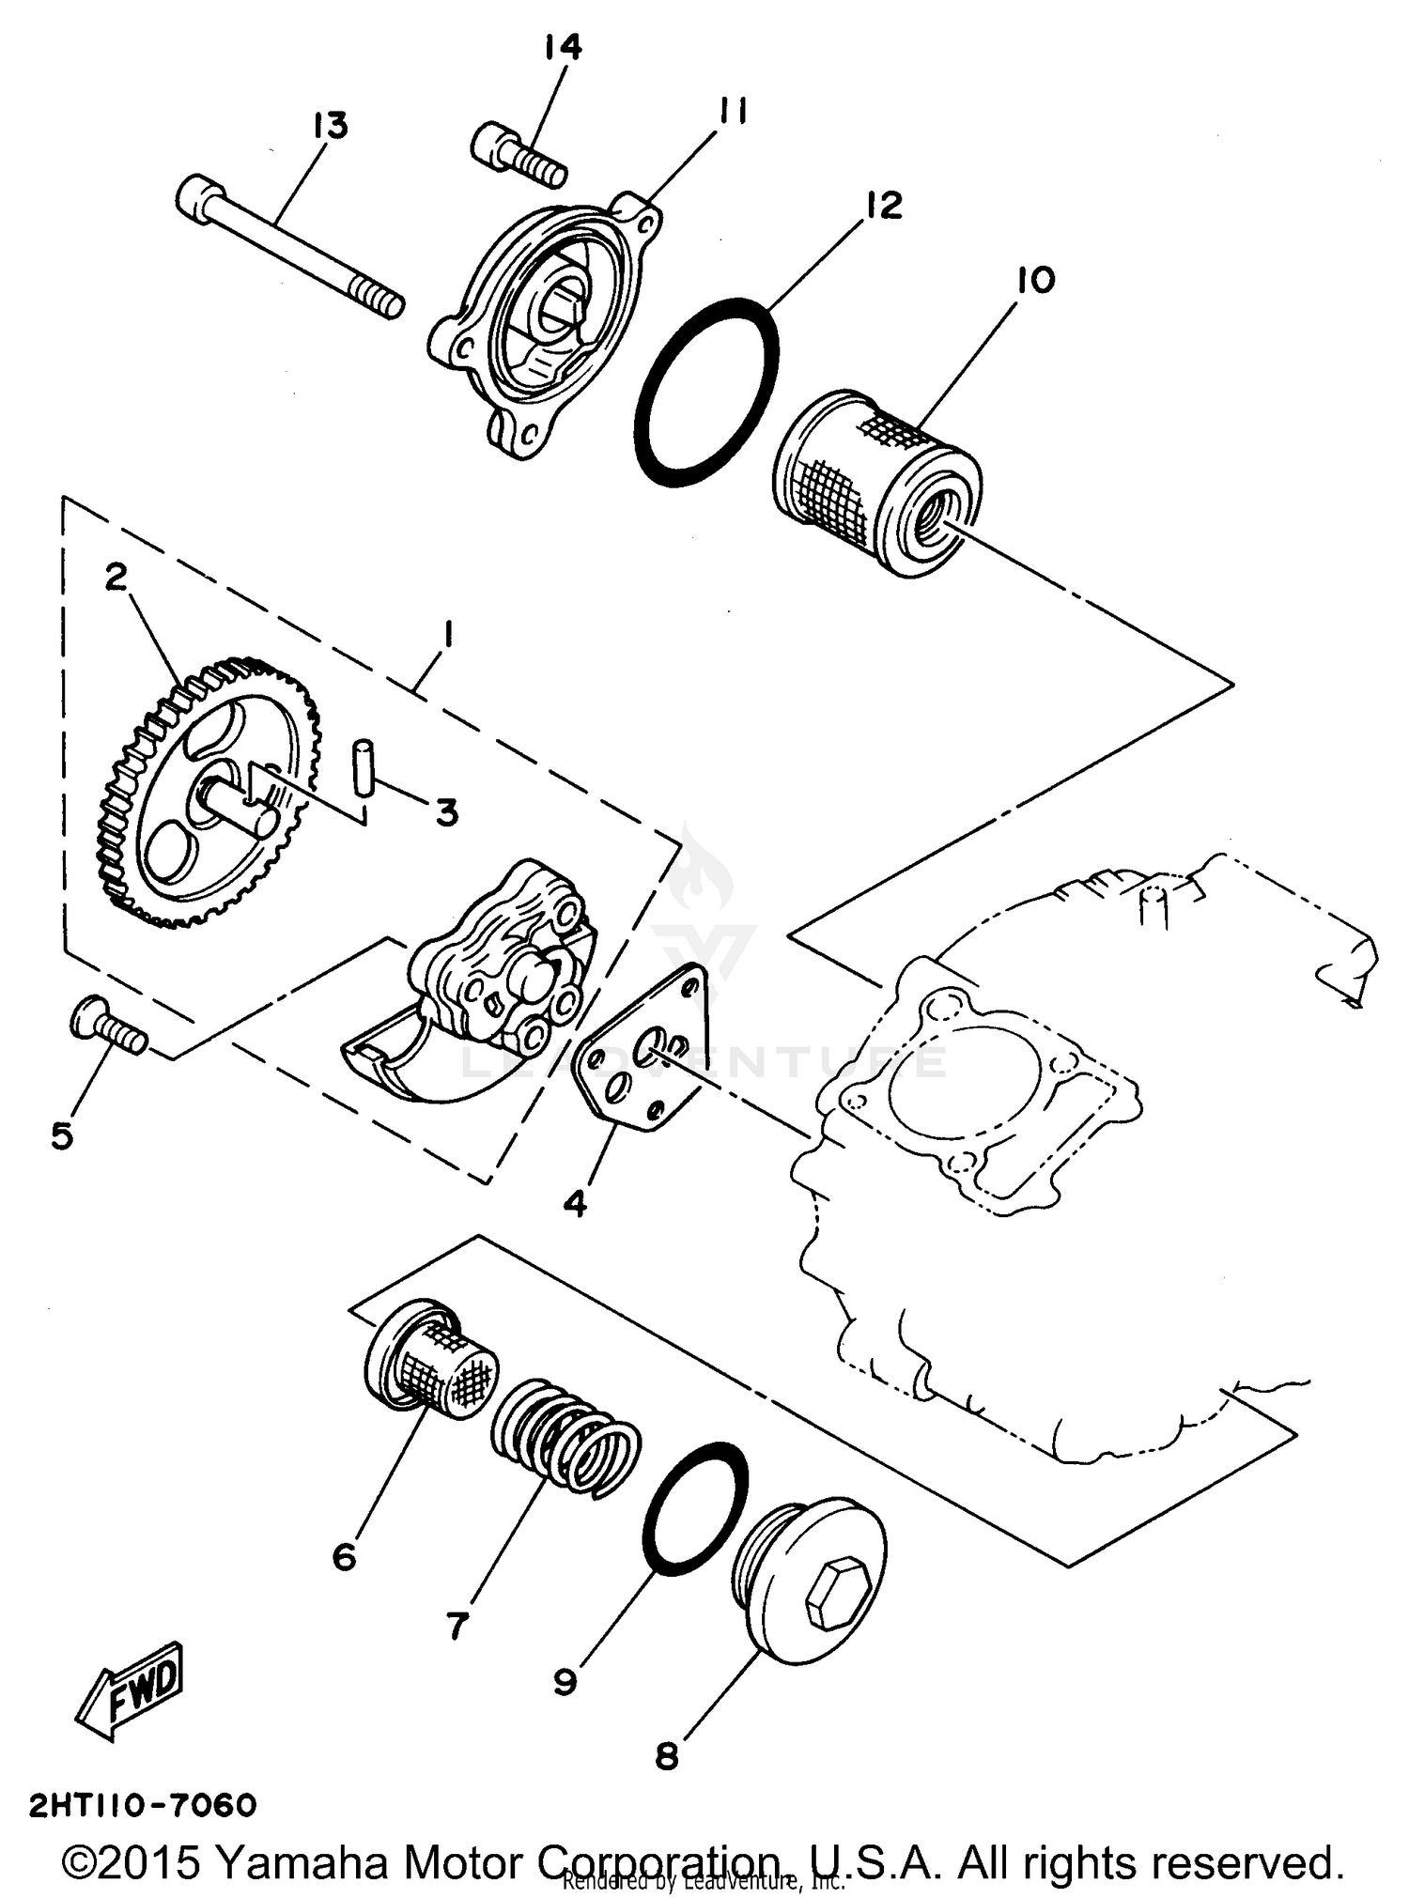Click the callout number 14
(563, 46)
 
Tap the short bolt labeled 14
(517, 155)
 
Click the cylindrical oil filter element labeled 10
(877, 483)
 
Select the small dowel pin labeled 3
(363, 769)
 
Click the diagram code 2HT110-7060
(143, 1805)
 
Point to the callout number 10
(1035, 279)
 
